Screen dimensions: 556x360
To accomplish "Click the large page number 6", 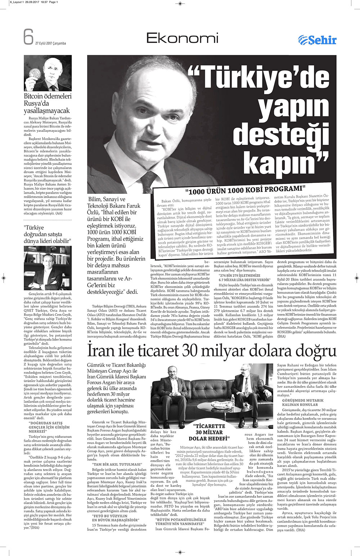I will tap(28, 37).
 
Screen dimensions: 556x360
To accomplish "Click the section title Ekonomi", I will tap(183, 38).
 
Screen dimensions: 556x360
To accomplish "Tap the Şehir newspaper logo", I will tap(317, 40).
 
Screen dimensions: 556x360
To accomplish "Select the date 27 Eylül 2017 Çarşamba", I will tap(50, 43).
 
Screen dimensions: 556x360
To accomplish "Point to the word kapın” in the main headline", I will tap(284, 163).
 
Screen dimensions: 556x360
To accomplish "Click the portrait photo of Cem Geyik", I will tap(48, 268).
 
